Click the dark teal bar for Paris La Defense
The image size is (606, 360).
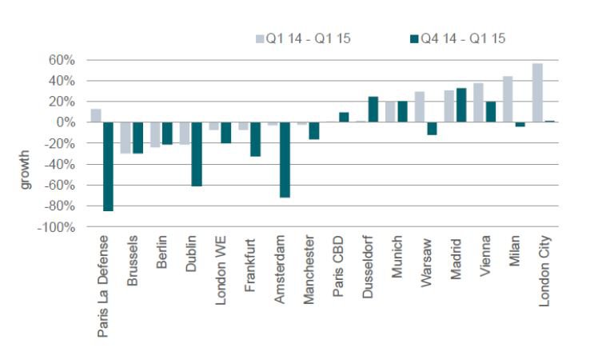point(108,166)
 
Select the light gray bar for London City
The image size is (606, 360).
point(537,93)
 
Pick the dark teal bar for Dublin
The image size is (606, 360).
point(196,154)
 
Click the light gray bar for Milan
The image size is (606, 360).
point(508,99)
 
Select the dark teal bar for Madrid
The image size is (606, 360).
point(460,105)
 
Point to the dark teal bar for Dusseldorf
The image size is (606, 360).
point(373,110)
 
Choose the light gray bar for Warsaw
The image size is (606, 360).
point(420,107)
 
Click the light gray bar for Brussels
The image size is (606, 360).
point(126,138)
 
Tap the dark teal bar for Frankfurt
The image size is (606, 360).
point(255,139)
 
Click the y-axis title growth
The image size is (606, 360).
point(25,168)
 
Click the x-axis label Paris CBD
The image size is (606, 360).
point(339,265)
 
